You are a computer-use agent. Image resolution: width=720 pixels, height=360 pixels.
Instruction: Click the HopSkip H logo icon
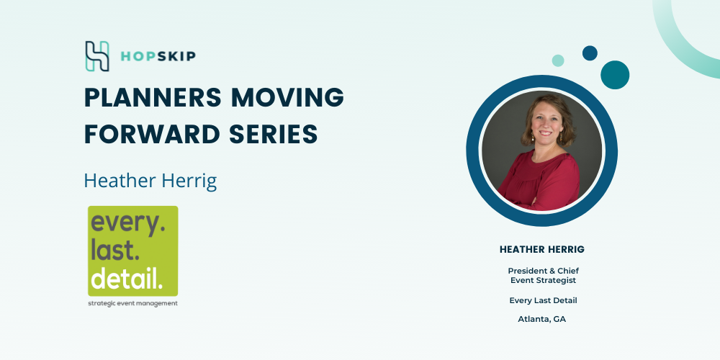tap(97, 56)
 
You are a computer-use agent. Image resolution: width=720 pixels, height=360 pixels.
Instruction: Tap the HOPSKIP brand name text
tap(158, 56)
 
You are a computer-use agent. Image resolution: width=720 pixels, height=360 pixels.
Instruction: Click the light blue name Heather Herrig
tap(150, 181)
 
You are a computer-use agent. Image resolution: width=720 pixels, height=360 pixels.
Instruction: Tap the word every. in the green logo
tap(128, 224)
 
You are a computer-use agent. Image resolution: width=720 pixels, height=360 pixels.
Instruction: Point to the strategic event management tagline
tap(132, 304)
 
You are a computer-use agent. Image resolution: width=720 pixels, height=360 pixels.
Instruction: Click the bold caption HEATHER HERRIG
tap(542, 250)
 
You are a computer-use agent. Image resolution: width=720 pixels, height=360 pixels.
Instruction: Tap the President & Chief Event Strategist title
tap(543, 276)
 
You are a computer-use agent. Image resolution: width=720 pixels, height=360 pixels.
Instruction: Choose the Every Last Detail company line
tap(543, 300)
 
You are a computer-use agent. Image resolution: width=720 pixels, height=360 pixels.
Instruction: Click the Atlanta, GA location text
tap(542, 319)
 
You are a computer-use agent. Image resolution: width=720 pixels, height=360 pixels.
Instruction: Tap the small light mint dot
tap(558, 60)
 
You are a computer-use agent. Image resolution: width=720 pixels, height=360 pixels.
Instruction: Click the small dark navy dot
tap(590, 53)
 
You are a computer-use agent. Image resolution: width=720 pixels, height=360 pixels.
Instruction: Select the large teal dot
tap(615, 75)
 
